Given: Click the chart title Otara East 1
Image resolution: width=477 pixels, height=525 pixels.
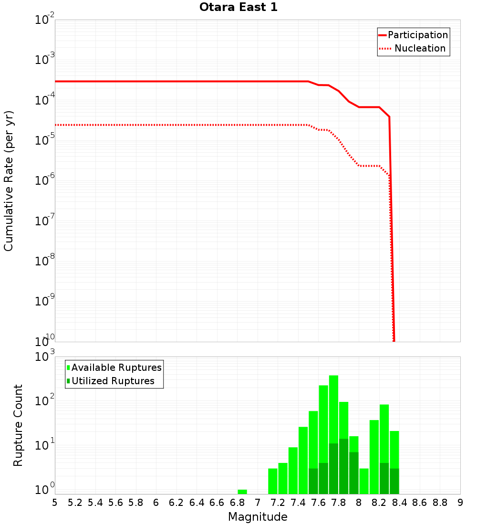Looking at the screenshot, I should [x=238, y=8].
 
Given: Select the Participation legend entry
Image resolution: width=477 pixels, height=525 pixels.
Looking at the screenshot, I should [x=417, y=35].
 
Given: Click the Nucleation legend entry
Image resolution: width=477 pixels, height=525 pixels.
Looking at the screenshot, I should [x=420, y=49].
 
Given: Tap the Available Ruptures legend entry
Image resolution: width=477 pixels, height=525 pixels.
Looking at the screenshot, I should [x=116, y=368].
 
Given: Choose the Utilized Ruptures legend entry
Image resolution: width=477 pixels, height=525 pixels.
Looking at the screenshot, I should [x=113, y=381].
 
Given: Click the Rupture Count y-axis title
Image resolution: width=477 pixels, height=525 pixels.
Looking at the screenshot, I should [x=18, y=425].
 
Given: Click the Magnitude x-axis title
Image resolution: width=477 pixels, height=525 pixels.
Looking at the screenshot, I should [x=258, y=517].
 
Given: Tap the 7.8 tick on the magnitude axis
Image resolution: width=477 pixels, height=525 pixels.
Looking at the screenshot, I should [x=339, y=503].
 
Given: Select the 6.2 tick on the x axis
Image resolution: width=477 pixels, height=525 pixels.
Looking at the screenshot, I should [x=176, y=503].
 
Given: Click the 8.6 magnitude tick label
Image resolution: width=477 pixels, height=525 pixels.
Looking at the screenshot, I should [x=420, y=503].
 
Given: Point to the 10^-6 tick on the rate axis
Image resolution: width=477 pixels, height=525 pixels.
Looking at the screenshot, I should [x=45, y=179].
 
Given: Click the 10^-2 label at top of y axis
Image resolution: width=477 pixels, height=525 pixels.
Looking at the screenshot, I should [x=45, y=20].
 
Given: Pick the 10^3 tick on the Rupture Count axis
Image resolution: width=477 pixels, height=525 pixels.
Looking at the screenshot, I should [x=45, y=357].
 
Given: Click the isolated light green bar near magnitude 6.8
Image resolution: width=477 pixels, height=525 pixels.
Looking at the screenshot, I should [x=242, y=492].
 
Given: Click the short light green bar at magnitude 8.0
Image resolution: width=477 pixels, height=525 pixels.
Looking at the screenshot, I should [x=364, y=481].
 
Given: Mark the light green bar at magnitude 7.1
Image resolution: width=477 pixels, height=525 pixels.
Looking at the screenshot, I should [x=273, y=481].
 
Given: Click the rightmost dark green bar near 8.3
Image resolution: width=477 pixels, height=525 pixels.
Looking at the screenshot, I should [x=394, y=481].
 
